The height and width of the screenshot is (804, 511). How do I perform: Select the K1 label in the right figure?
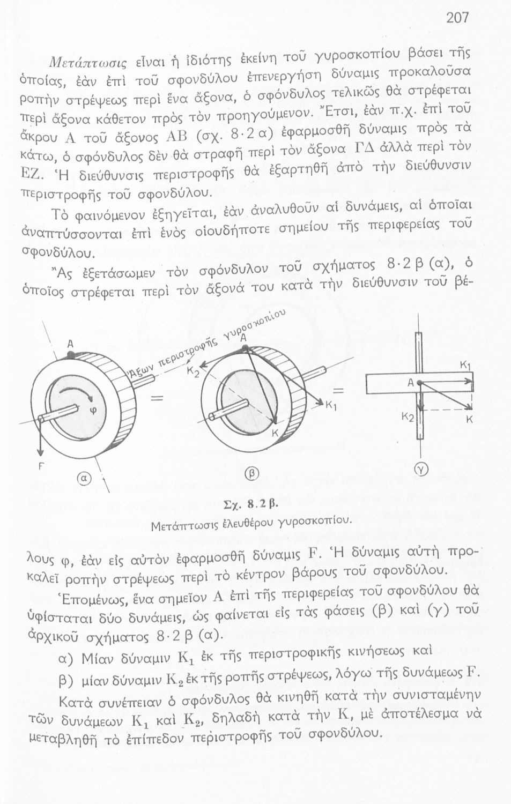(465, 366)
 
